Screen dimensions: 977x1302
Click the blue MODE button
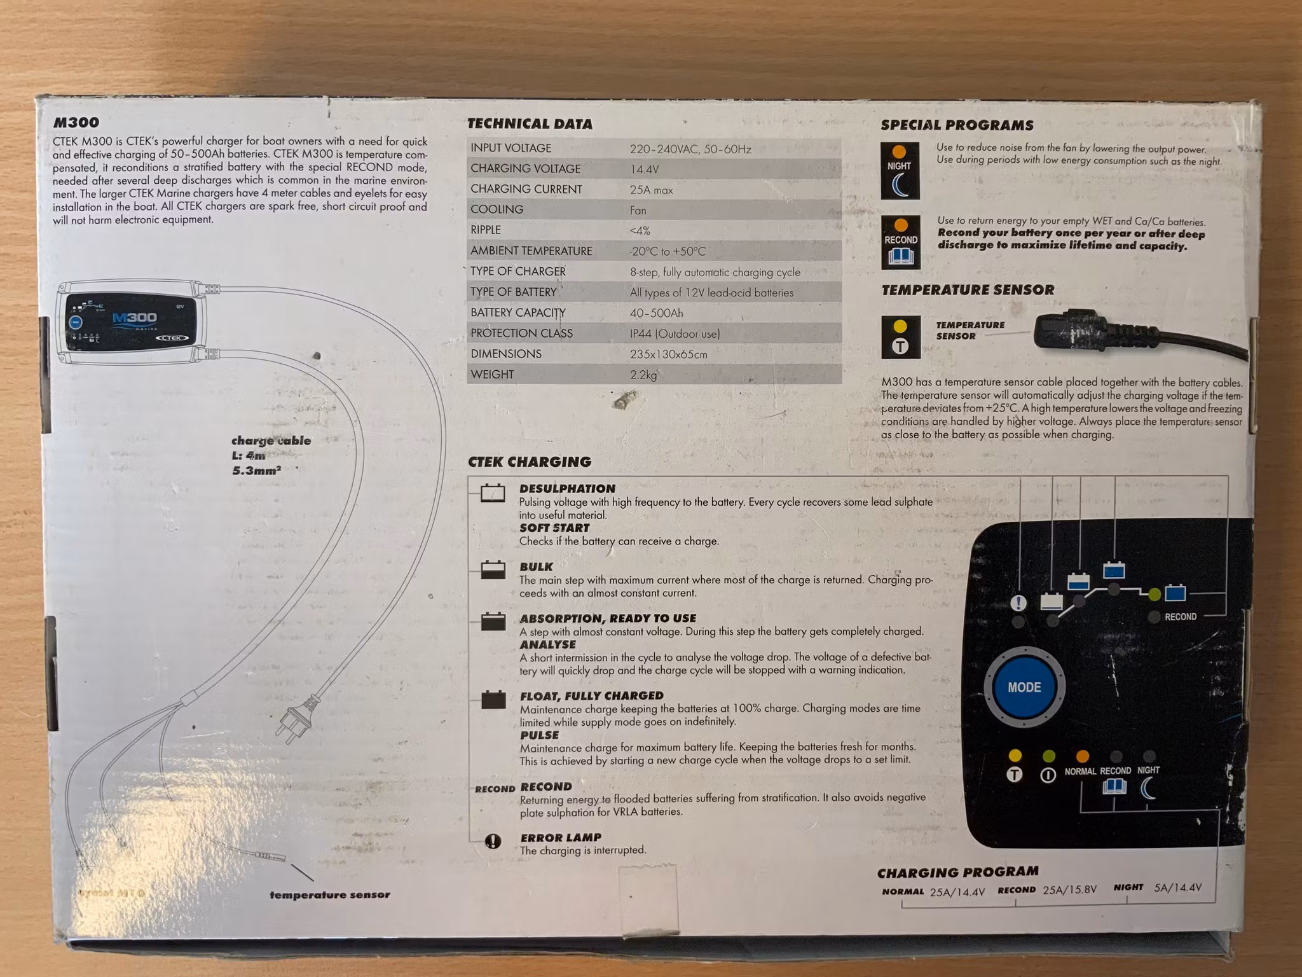pyautogui.click(x=1024, y=687)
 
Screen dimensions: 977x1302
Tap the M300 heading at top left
pyautogui.click(x=76, y=122)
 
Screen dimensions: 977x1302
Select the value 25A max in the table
pyautogui.click(x=651, y=190)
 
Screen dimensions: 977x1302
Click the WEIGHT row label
pyautogui.click(x=492, y=374)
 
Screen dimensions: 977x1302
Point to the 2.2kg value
pyautogui.click(x=643, y=375)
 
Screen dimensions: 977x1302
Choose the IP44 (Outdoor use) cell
pyautogui.click(x=675, y=333)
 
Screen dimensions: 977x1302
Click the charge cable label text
pyautogui.click(x=271, y=440)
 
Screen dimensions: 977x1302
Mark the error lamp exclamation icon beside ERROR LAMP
pyautogui.click(x=493, y=842)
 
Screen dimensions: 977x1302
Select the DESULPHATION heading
pyautogui.click(x=567, y=488)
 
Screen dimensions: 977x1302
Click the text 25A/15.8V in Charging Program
pyautogui.click(x=1069, y=889)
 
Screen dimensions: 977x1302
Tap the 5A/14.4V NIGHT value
pyautogui.click(x=1177, y=887)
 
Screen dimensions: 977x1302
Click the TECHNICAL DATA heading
pyautogui.click(x=530, y=124)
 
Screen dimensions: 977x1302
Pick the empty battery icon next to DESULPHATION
pyautogui.click(x=493, y=493)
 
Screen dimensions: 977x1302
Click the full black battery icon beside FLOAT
pyautogui.click(x=493, y=700)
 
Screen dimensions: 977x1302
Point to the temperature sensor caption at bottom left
pyautogui.click(x=329, y=894)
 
